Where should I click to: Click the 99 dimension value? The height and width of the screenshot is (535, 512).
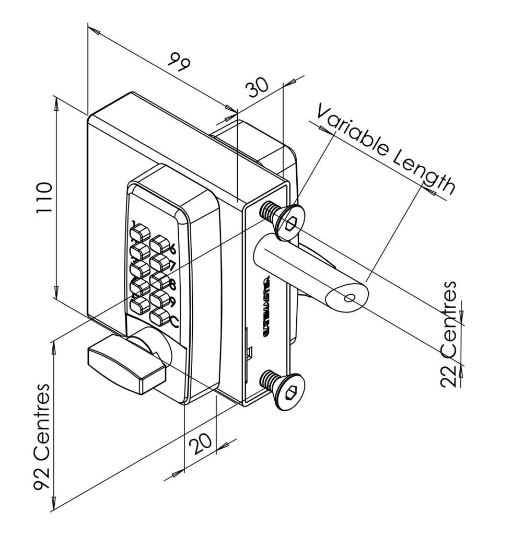click(179, 62)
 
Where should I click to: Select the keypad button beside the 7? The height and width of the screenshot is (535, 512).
click(158, 261)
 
